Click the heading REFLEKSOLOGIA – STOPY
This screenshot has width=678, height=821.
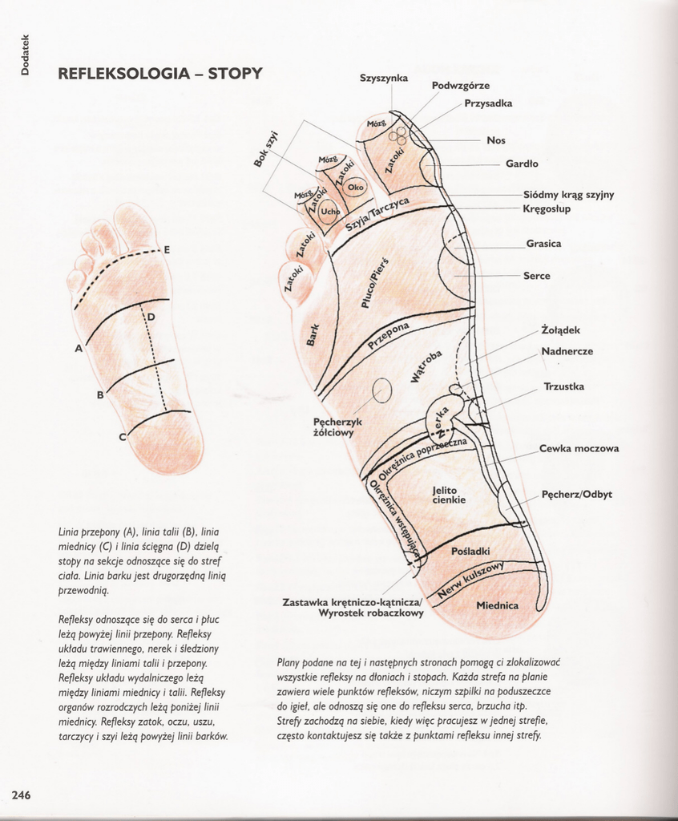pos(160,74)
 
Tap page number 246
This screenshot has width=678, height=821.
pos(21,795)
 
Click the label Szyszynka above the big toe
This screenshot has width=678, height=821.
pos(383,78)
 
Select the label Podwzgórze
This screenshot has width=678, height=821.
pos(460,86)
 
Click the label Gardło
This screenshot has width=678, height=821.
pos(522,164)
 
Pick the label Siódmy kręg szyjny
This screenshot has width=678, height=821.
pos(568,195)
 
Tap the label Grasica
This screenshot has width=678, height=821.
pos(543,244)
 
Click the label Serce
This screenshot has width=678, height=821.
pos(537,276)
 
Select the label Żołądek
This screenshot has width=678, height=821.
pos(560,330)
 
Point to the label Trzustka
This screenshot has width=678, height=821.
pos(563,386)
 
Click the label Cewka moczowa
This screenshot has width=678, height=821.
pos(579,449)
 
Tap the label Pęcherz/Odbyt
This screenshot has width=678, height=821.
pos(576,494)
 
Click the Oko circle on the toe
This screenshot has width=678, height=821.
pos(356,188)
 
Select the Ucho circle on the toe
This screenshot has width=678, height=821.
pos(329,212)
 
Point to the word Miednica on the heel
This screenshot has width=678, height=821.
pos(497,605)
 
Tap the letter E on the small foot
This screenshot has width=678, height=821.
pos(167,250)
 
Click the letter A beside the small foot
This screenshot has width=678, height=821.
pos(79,349)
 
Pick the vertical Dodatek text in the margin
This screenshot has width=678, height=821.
pos(25,54)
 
